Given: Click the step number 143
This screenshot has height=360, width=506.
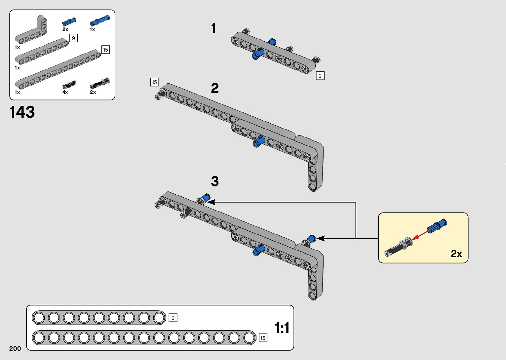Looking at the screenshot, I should (22, 112).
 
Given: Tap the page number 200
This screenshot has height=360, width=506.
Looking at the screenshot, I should (15, 348).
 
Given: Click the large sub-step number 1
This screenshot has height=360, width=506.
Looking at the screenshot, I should (214, 28).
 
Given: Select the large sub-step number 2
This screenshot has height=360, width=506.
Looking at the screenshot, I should (215, 88).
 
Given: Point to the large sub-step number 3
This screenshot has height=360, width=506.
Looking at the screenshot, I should (215, 181).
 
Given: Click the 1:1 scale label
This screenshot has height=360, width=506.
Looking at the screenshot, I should (282, 328).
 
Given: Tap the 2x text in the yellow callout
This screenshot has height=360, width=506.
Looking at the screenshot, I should (456, 254).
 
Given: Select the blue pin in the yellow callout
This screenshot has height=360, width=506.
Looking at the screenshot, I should (437, 226).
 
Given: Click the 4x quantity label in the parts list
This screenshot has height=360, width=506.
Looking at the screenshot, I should (65, 92).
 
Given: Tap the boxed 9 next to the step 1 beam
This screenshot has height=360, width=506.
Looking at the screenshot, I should (320, 76).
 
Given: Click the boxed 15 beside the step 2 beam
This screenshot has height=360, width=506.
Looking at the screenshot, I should (154, 82).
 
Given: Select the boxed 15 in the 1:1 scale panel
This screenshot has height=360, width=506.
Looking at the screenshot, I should (263, 338).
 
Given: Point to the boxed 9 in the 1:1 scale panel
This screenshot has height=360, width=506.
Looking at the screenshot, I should (173, 318).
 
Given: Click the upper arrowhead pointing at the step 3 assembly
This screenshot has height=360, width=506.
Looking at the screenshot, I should (211, 202).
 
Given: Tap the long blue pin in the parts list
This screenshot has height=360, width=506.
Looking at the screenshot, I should (99, 20).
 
